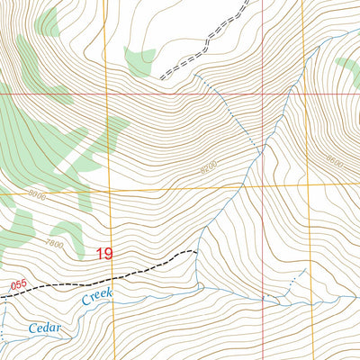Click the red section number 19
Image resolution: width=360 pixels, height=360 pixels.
click(x=103, y=255)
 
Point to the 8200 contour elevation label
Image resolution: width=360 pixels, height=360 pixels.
click(x=209, y=166)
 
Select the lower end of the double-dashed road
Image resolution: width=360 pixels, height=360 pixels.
click(x=162, y=79)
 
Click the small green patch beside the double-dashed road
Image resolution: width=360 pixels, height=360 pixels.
click(x=139, y=61)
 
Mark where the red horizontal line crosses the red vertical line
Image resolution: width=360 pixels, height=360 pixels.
click(x=263, y=93)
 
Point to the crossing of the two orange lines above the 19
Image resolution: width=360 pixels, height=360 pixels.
click(x=107, y=192)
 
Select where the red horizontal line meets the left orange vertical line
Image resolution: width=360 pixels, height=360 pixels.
click(x=105, y=93)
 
